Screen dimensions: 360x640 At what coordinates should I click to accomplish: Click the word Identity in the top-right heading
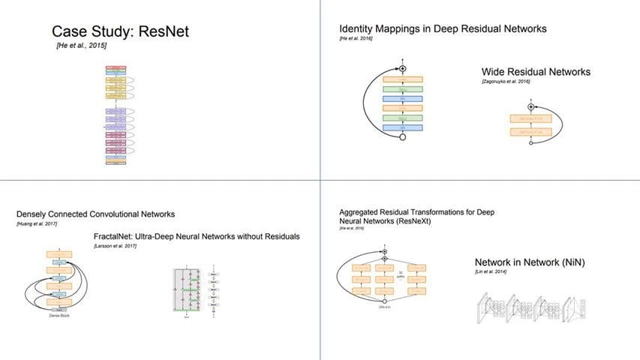click(x=357, y=28)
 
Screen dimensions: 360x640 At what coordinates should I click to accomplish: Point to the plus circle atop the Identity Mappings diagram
click(x=403, y=68)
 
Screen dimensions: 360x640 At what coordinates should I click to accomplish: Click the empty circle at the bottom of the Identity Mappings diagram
click(x=403, y=137)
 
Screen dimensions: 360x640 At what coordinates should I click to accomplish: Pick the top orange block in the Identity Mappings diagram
click(x=403, y=79)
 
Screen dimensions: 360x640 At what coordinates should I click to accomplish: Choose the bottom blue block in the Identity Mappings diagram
click(x=403, y=127)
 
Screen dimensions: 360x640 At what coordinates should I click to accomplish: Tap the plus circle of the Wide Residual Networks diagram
click(x=531, y=107)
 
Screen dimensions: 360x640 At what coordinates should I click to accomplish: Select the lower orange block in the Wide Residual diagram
click(x=531, y=131)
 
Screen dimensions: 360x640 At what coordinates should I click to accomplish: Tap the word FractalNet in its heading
click(x=117, y=236)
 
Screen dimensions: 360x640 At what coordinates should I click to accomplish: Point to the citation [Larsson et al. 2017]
click(x=116, y=246)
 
